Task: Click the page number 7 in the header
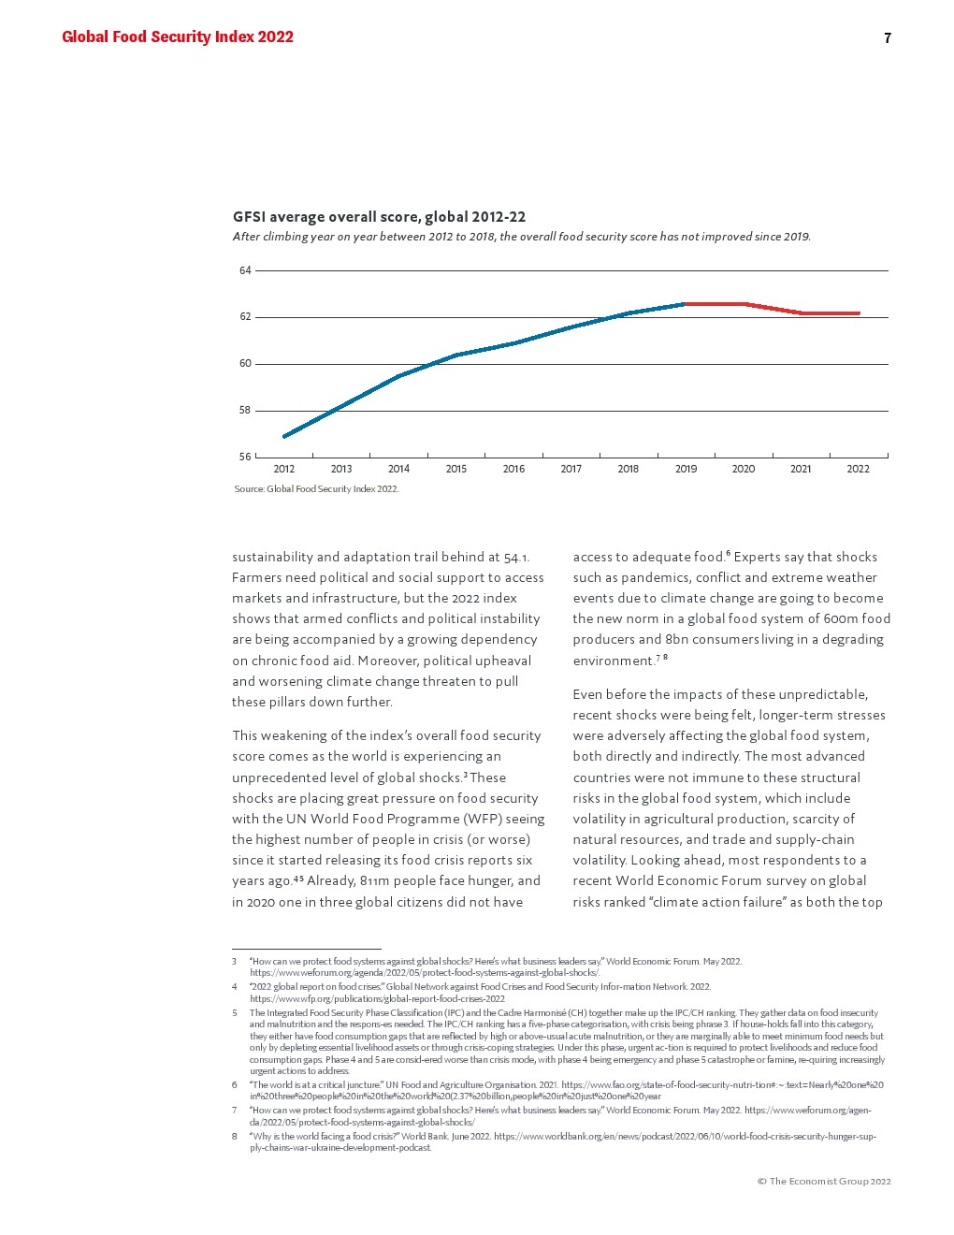887,38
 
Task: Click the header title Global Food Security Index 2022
178,37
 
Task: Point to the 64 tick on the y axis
245,270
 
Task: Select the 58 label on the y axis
245,411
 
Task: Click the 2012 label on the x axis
283,470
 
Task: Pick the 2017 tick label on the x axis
571,470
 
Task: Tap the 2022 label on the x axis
858,470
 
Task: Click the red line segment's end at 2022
859,313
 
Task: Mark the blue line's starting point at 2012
284,436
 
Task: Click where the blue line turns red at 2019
686,304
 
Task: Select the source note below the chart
316,489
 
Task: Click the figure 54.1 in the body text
516,558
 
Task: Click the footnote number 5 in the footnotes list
235,1013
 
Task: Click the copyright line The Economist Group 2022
824,1182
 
